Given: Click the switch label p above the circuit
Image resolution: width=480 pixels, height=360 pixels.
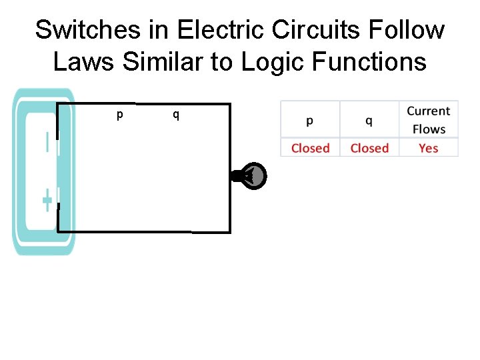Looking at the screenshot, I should pyautogui.click(x=119, y=115).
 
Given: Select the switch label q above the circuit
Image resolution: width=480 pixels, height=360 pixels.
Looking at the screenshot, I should pyautogui.click(x=176, y=115).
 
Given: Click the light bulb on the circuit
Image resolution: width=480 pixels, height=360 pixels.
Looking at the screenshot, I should pyautogui.click(x=252, y=176).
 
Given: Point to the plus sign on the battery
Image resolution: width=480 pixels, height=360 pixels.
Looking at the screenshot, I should pyautogui.click(x=47, y=199).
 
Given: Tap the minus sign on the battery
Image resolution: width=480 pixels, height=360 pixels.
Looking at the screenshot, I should pyautogui.click(x=47, y=143).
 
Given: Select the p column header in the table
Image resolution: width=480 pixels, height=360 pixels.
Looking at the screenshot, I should pyautogui.click(x=310, y=121).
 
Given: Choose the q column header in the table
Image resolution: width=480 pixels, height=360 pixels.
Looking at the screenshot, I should pyautogui.click(x=369, y=121).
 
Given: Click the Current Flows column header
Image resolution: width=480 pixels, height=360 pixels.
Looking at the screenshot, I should pyautogui.click(x=429, y=120).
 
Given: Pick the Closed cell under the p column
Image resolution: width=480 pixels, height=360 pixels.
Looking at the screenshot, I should pyautogui.click(x=310, y=148).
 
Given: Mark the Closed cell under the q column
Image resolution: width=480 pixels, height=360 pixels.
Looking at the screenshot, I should pyautogui.click(x=369, y=148).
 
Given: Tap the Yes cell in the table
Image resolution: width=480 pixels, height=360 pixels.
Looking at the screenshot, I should pyautogui.click(x=429, y=148).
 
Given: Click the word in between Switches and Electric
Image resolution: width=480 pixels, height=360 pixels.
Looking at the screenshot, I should pyautogui.click(x=146, y=30).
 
